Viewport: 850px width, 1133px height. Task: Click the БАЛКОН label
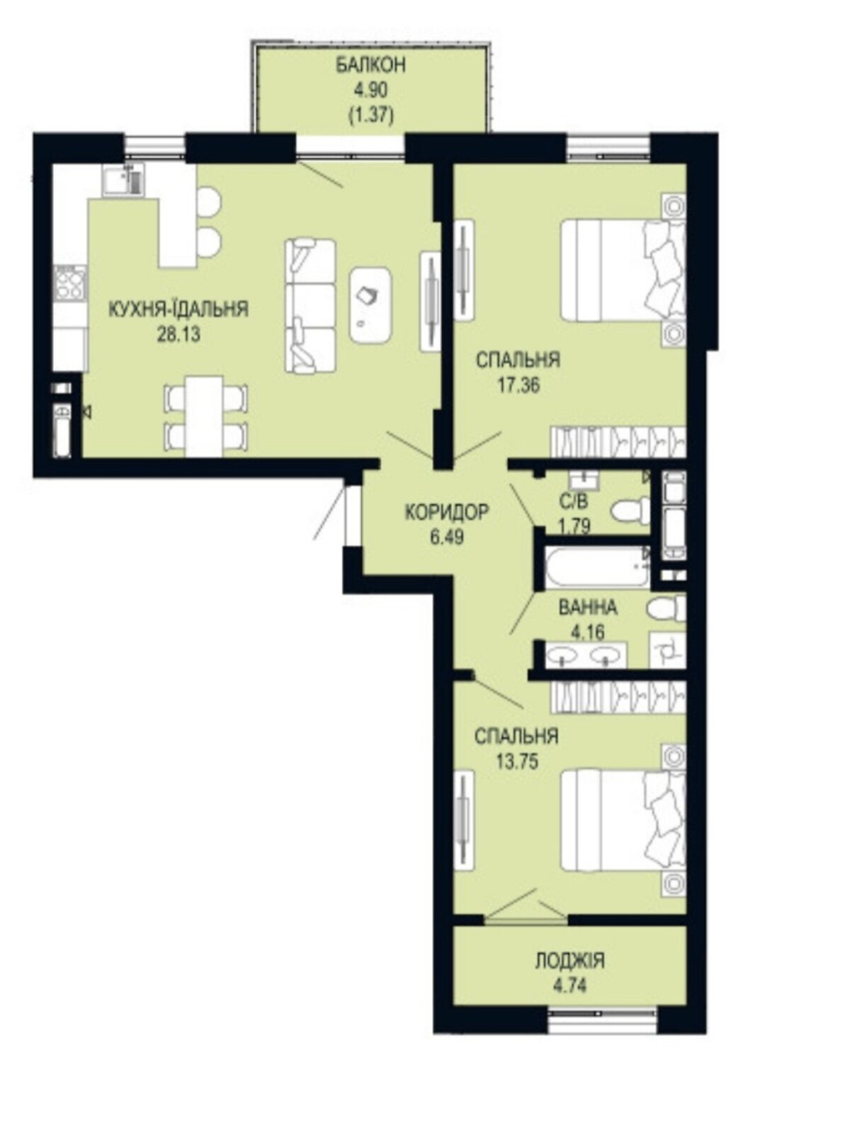pos(370,66)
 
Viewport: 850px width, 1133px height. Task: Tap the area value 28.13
pos(178,334)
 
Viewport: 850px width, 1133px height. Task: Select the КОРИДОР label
pos(446,513)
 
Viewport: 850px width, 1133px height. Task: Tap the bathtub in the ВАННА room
pos(598,566)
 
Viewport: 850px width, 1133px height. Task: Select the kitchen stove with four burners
pos(69,284)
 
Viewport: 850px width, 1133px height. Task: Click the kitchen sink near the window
pos(123,180)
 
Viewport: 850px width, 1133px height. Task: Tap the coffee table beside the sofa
pos(370,304)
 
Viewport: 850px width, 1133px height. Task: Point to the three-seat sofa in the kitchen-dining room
pos(310,305)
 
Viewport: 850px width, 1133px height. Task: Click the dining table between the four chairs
pos(205,416)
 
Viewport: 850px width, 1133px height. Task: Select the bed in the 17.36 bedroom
pos(623,271)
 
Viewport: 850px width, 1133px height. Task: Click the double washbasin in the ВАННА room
pos(587,655)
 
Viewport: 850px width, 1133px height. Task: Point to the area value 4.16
pos(588,632)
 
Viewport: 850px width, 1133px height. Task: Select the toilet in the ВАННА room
pos(667,609)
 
